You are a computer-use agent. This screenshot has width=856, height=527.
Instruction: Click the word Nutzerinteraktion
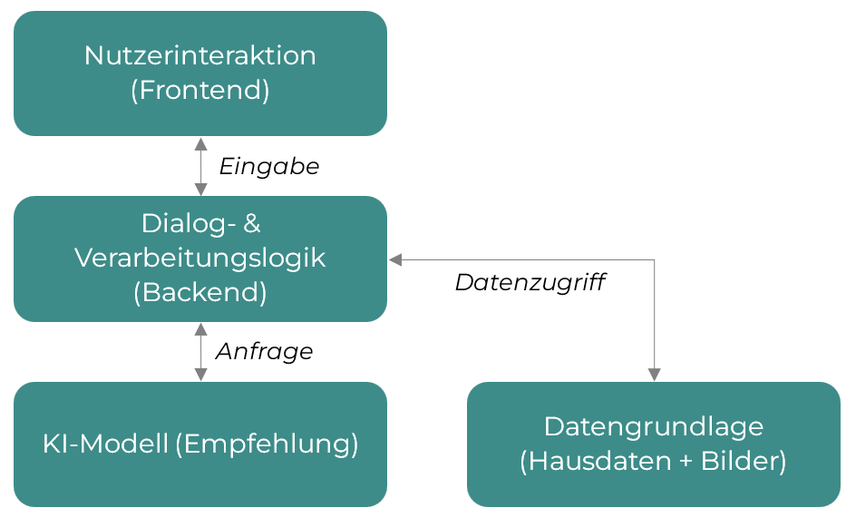click(199, 55)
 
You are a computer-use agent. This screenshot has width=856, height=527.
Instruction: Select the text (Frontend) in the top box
click(199, 92)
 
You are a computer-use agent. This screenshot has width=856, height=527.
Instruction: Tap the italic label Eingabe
click(269, 167)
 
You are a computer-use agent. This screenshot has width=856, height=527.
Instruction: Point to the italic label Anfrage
click(264, 352)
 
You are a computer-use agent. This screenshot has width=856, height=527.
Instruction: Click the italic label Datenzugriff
click(530, 283)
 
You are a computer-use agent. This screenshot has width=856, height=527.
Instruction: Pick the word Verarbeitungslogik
click(199, 258)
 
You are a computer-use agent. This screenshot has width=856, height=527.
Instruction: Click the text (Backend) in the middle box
click(199, 293)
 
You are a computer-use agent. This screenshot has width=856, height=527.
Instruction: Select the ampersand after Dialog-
click(252, 222)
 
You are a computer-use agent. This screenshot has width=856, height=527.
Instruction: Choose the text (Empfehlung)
click(267, 444)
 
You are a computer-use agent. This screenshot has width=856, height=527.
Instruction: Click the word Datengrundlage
click(653, 426)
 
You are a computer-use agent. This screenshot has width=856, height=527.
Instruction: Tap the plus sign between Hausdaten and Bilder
click(685, 462)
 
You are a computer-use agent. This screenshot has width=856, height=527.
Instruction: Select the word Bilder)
click(744, 462)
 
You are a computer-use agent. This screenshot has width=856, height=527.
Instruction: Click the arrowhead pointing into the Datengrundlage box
click(654, 375)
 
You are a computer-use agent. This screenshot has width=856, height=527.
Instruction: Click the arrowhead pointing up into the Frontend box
click(200, 143)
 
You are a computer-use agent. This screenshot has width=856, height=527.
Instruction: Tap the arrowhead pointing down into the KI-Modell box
click(200, 375)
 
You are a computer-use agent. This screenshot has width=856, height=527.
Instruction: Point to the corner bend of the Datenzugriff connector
click(654, 260)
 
